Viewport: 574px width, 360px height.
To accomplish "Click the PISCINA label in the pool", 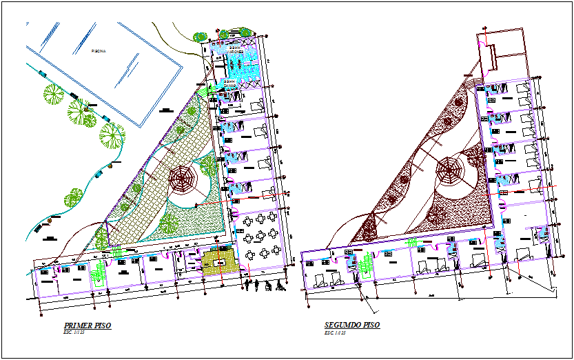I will (x=99, y=51).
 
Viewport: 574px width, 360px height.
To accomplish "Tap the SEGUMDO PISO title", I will (x=351, y=325).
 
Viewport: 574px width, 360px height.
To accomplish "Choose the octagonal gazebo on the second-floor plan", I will (x=449, y=170).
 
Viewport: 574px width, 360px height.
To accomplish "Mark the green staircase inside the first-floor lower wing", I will (x=99, y=274).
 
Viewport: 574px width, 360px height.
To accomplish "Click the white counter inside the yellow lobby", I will (x=220, y=263).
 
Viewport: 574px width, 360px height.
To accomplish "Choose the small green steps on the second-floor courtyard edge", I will (x=413, y=242).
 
